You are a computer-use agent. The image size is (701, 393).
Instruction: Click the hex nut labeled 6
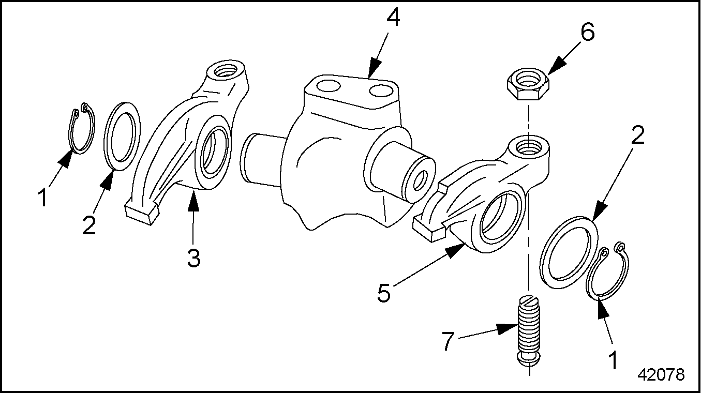tap(528, 84)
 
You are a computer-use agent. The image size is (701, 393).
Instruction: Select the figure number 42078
tap(661, 374)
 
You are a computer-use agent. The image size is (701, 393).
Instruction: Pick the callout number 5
tap(384, 293)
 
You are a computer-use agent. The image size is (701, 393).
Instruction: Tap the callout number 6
tap(587, 32)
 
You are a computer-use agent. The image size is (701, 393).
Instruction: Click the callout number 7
tap(448, 341)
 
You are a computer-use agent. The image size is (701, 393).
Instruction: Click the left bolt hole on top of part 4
tap(327, 86)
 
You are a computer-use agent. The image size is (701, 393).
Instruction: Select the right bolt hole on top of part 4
tap(381, 90)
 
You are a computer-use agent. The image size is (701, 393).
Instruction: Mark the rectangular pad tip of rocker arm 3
tap(141, 213)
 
